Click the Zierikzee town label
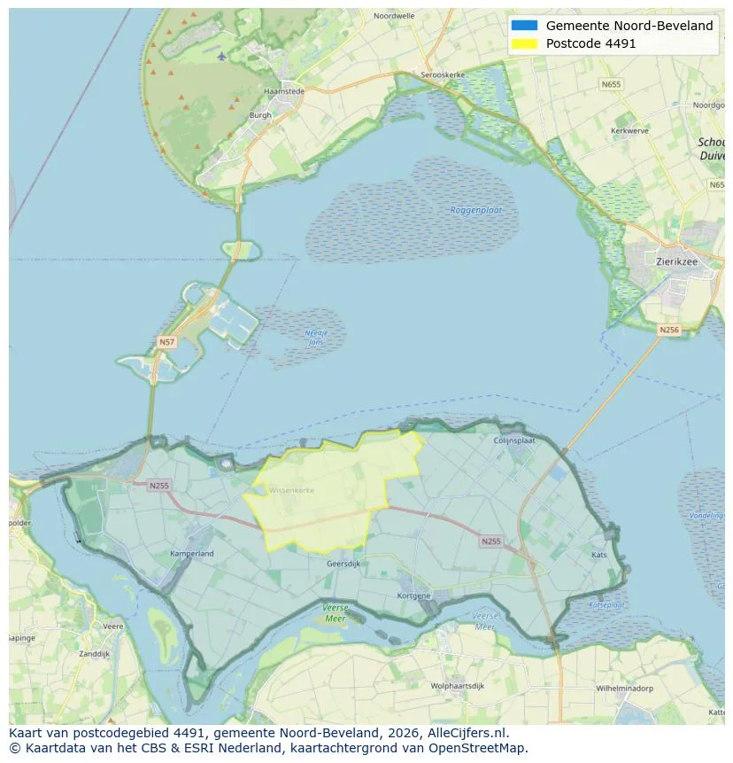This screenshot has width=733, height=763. click(678, 261)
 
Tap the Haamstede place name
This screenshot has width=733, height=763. click(284, 90)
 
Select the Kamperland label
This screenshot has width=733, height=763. click(192, 554)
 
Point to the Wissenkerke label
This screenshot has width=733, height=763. click(291, 489)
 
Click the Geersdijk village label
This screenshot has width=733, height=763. click(343, 564)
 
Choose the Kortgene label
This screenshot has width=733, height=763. click(413, 596)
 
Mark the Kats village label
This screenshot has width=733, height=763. click(599, 555)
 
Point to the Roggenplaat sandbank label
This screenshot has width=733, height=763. click(476, 210)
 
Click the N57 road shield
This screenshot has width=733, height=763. click(166, 341)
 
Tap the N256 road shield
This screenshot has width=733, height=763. click(669, 329)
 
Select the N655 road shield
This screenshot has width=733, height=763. click(611, 84)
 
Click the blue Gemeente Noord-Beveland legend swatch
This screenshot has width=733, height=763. click(524, 26)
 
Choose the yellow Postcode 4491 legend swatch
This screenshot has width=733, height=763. click(524, 43)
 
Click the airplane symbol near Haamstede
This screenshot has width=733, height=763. click(221, 56)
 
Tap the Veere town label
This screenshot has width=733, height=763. click(113, 626)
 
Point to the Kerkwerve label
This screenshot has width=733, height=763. click(629, 130)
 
